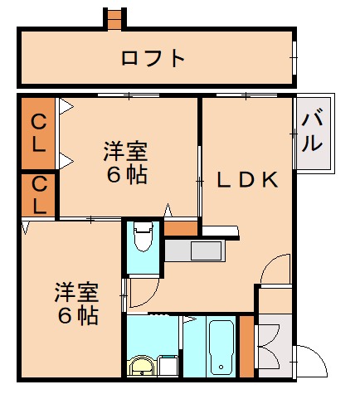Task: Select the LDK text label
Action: click(246, 180)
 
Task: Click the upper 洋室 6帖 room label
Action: click(125, 163)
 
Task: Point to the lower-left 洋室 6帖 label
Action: click(76, 304)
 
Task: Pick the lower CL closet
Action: click(38, 195)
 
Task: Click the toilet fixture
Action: click(143, 238)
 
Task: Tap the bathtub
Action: click(221, 348)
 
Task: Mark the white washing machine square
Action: click(167, 366)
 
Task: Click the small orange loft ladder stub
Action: click(114, 18)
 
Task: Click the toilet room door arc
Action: click(139, 291)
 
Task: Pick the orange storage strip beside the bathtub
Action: click(246, 347)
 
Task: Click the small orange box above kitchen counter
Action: click(181, 226)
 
